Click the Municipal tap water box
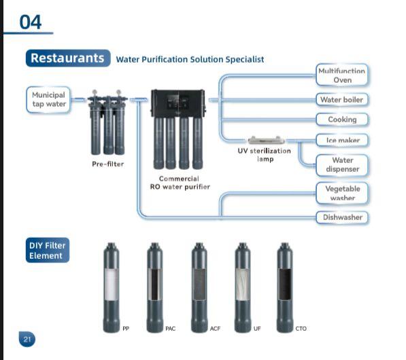coord(48,100)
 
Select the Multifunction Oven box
coord(342,75)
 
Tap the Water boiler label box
coord(342,100)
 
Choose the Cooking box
coord(342,120)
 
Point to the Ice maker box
coord(342,140)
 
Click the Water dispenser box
coord(342,165)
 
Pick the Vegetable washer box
coord(342,194)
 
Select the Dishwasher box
coord(342,217)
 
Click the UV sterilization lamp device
coord(266,140)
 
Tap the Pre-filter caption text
coord(107,164)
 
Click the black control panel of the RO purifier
coord(178,103)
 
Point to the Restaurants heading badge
coord(68,58)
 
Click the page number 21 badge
coord(27,339)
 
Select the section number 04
coord(31,22)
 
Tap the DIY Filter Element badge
coord(48,250)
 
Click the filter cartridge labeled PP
coord(112,287)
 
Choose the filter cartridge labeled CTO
coord(285,287)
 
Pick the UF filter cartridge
coord(243,287)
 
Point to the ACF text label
coord(215,329)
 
